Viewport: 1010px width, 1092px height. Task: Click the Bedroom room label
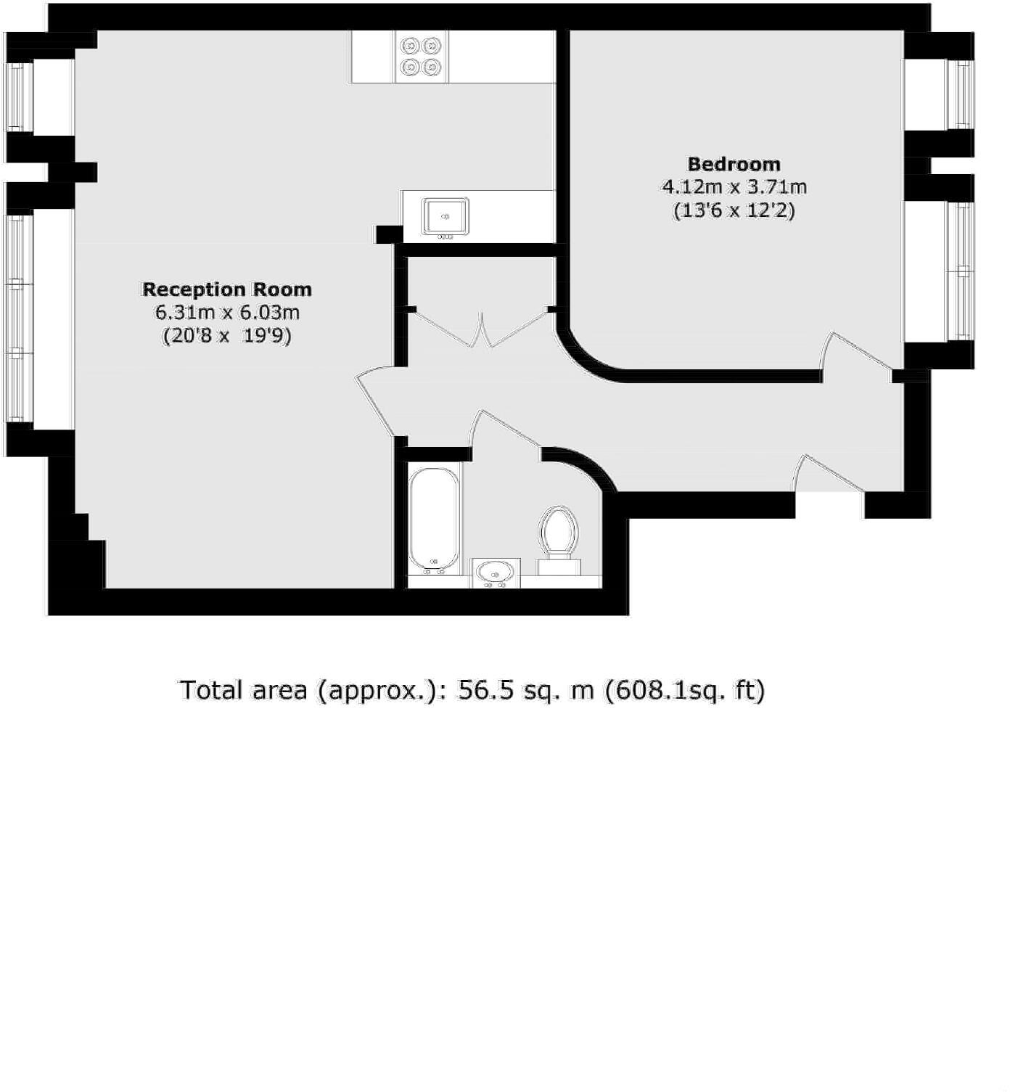coord(734,164)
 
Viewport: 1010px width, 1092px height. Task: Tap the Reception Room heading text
coord(226,290)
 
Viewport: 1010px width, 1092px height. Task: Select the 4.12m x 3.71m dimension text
coord(734,187)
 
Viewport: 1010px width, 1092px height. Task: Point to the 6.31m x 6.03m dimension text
coord(227,313)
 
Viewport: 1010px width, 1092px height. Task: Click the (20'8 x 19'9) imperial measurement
coord(226,337)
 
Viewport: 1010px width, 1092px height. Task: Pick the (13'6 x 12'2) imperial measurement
coord(734,211)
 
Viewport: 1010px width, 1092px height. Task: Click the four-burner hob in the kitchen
coord(422,57)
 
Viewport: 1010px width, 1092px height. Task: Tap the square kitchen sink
coord(446,216)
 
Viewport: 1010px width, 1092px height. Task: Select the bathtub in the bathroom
coord(434,519)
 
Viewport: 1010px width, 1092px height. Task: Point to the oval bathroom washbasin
coord(495,572)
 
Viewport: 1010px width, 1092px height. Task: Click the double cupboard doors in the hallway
coord(480,329)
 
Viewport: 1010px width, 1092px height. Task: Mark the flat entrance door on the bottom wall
coord(829,476)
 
